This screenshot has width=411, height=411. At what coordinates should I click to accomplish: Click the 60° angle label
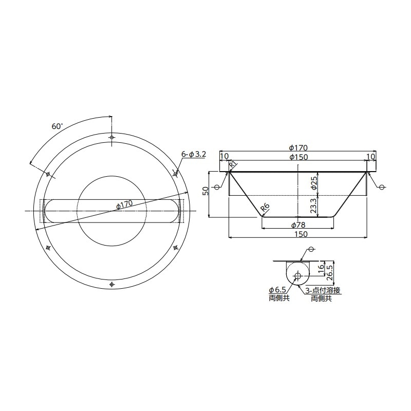(57, 125)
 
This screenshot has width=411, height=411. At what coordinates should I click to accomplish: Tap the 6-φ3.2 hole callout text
(194, 154)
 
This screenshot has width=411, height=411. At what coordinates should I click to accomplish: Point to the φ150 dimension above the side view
(298, 157)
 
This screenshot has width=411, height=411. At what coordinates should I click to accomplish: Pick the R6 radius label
(265, 208)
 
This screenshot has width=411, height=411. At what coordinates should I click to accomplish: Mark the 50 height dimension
(206, 191)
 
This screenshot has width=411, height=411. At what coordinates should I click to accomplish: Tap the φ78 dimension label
(298, 225)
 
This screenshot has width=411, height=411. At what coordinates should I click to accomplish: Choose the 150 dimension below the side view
(298, 234)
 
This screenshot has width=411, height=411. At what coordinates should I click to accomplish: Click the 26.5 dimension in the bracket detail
(330, 271)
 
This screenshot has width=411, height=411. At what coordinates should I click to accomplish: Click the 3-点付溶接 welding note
(323, 290)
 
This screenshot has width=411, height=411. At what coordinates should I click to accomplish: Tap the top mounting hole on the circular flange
(112, 137)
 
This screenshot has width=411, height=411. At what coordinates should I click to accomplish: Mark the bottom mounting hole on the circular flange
(112, 284)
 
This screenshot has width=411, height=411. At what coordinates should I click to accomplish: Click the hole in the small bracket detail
(297, 276)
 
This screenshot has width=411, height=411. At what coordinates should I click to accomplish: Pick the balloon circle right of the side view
(381, 187)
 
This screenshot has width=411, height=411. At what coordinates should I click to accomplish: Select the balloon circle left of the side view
(216, 187)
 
